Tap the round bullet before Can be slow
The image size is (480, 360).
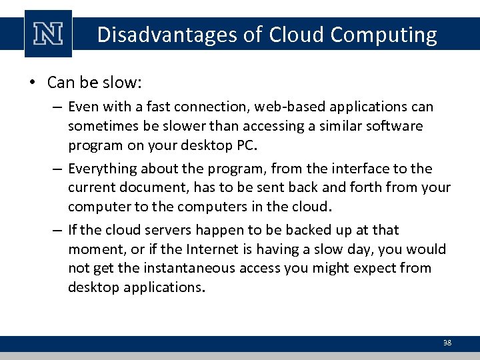tap(31, 83)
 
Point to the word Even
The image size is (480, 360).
tap(81, 107)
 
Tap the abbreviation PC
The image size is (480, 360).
tap(245, 145)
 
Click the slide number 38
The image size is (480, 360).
tap(447, 343)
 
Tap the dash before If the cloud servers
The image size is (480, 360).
tap(58, 230)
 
